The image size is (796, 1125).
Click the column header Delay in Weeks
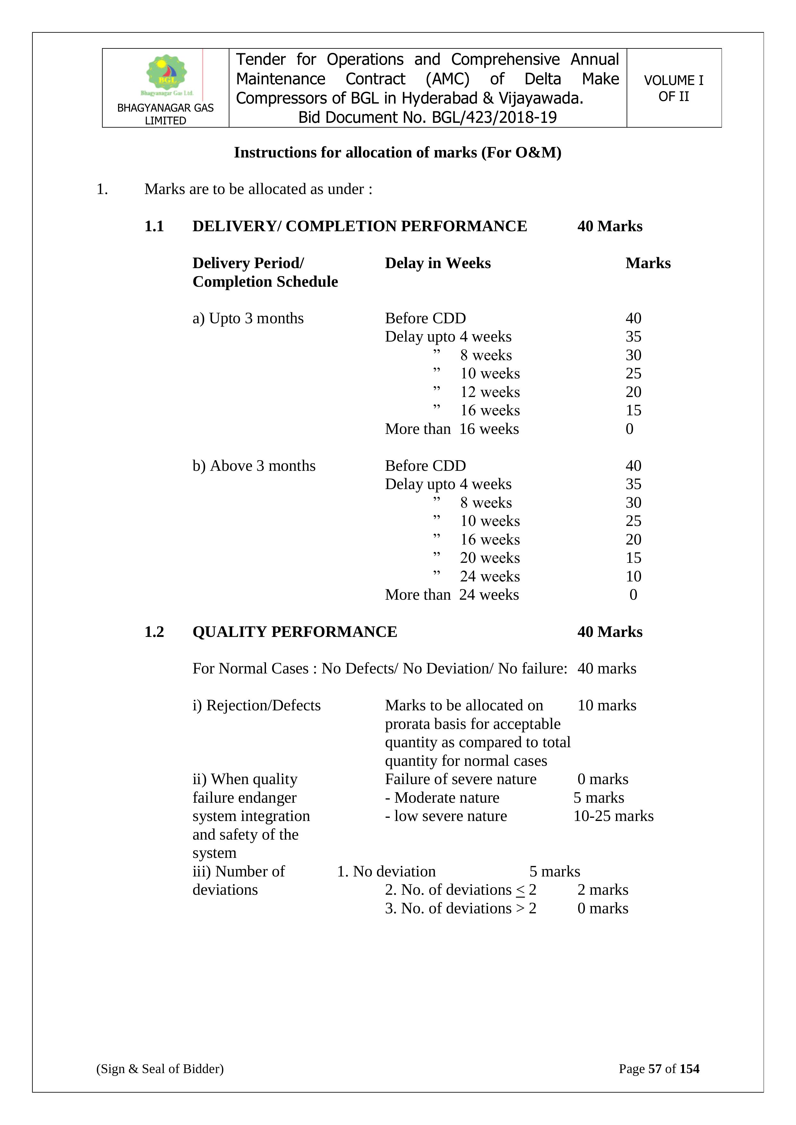tap(437, 263)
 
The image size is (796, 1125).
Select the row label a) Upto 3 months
tap(248, 318)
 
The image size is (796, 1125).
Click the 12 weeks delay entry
tap(490, 392)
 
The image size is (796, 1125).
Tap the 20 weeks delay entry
tap(490, 558)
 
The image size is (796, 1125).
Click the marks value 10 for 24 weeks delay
tap(633, 576)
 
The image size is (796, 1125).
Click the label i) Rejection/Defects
tap(256, 705)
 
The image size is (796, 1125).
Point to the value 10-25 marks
tap(613, 816)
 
